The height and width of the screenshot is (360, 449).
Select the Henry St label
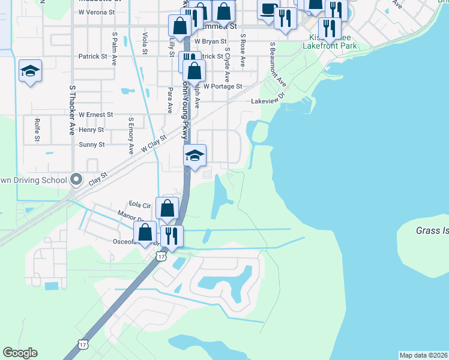[91, 130]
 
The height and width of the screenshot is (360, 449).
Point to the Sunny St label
[92, 145]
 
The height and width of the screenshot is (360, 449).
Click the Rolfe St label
[37, 129]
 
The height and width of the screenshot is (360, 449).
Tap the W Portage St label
[222, 86]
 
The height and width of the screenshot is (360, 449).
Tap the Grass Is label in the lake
[432, 230]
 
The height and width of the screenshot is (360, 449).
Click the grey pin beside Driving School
[76, 179]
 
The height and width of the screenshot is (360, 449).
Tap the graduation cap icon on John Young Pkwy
[194, 156]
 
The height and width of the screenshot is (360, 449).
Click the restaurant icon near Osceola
[172, 236]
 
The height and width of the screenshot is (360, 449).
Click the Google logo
[20, 353]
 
